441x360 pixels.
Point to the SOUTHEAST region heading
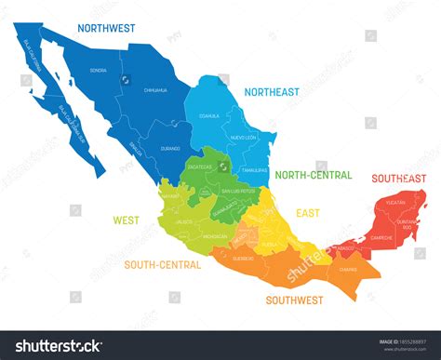coord(398,178)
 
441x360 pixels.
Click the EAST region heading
coord(308,213)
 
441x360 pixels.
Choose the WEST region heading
coord(127,220)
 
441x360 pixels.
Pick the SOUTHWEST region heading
coord(294,300)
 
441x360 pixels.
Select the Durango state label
coord(168,147)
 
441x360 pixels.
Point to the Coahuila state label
coord(209,116)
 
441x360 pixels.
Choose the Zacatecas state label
coord(201,167)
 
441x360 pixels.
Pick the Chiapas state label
coord(348,269)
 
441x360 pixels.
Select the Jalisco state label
coord(183,222)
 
